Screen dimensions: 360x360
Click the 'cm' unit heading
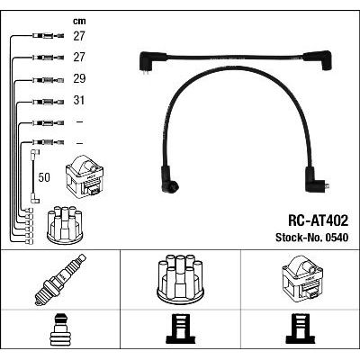point(79,21)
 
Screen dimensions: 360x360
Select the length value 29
point(79,78)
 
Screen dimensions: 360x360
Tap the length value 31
point(79,100)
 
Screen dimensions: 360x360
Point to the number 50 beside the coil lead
point(44,177)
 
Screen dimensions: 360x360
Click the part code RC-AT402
point(318,220)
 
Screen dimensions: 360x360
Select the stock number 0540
point(336,238)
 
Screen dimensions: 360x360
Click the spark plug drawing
point(60,279)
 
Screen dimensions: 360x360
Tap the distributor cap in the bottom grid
point(181,277)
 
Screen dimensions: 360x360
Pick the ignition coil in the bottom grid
point(302,277)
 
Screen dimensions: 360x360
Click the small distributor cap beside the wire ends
point(65,225)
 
